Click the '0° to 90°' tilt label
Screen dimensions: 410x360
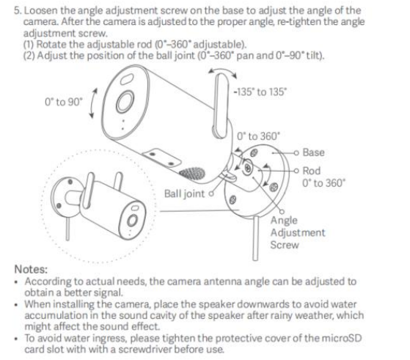pyautogui.click(x=64, y=102)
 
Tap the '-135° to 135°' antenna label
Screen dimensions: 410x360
pyautogui.click(x=260, y=92)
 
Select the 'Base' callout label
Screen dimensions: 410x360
pyautogui.click(x=313, y=153)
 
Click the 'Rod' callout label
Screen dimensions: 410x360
pyautogui.click(x=312, y=171)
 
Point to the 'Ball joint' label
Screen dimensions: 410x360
pyautogui.click(x=184, y=194)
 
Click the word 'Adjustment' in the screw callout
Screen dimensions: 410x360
pyautogui.click(x=298, y=232)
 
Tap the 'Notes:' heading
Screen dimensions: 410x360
pyautogui.click(x=31, y=269)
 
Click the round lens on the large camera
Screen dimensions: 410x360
pyautogui.click(x=125, y=102)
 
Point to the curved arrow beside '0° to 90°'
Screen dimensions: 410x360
pyautogui.click(x=92, y=103)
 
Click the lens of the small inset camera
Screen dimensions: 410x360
pyautogui.click(x=132, y=220)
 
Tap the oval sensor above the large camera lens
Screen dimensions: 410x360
pyautogui.click(x=127, y=79)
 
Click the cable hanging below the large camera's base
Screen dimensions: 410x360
pyautogui.click(x=256, y=238)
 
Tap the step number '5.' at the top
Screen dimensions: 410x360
pyautogui.click(x=18, y=11)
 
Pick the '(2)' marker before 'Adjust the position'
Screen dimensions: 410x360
pyautogui.click(x=29, y=56)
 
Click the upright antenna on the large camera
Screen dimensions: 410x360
pyautogui.click(x=222, y=106)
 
